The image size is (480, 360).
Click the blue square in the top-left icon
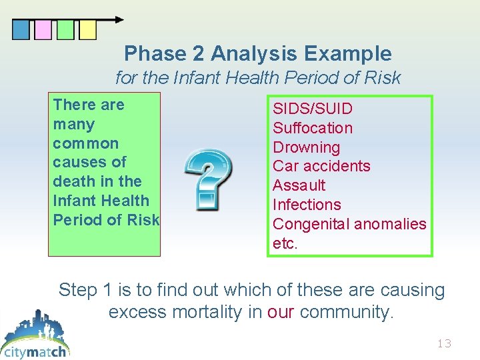click(21, 30)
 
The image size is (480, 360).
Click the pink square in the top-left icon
click(43, 30)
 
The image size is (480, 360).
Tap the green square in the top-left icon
click(65, 30)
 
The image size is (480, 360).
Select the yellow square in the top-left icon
click(87, 30)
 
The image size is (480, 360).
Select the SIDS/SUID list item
click(313, 109)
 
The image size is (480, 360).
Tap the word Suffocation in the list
click(313, 128)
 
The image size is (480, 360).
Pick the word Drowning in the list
click(306, 147)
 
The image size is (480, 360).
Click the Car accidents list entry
click(321, 166)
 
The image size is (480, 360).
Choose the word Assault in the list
click(299, 185)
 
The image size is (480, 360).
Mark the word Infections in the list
click(307, 205)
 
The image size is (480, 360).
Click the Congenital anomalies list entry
click(349, 224)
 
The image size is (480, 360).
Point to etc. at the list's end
click(285, 243)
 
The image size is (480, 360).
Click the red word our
click(281, 311)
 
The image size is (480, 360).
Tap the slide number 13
click(444, 344)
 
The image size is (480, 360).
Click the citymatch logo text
click(35, 351)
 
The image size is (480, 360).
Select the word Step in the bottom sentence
click(78, 290)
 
